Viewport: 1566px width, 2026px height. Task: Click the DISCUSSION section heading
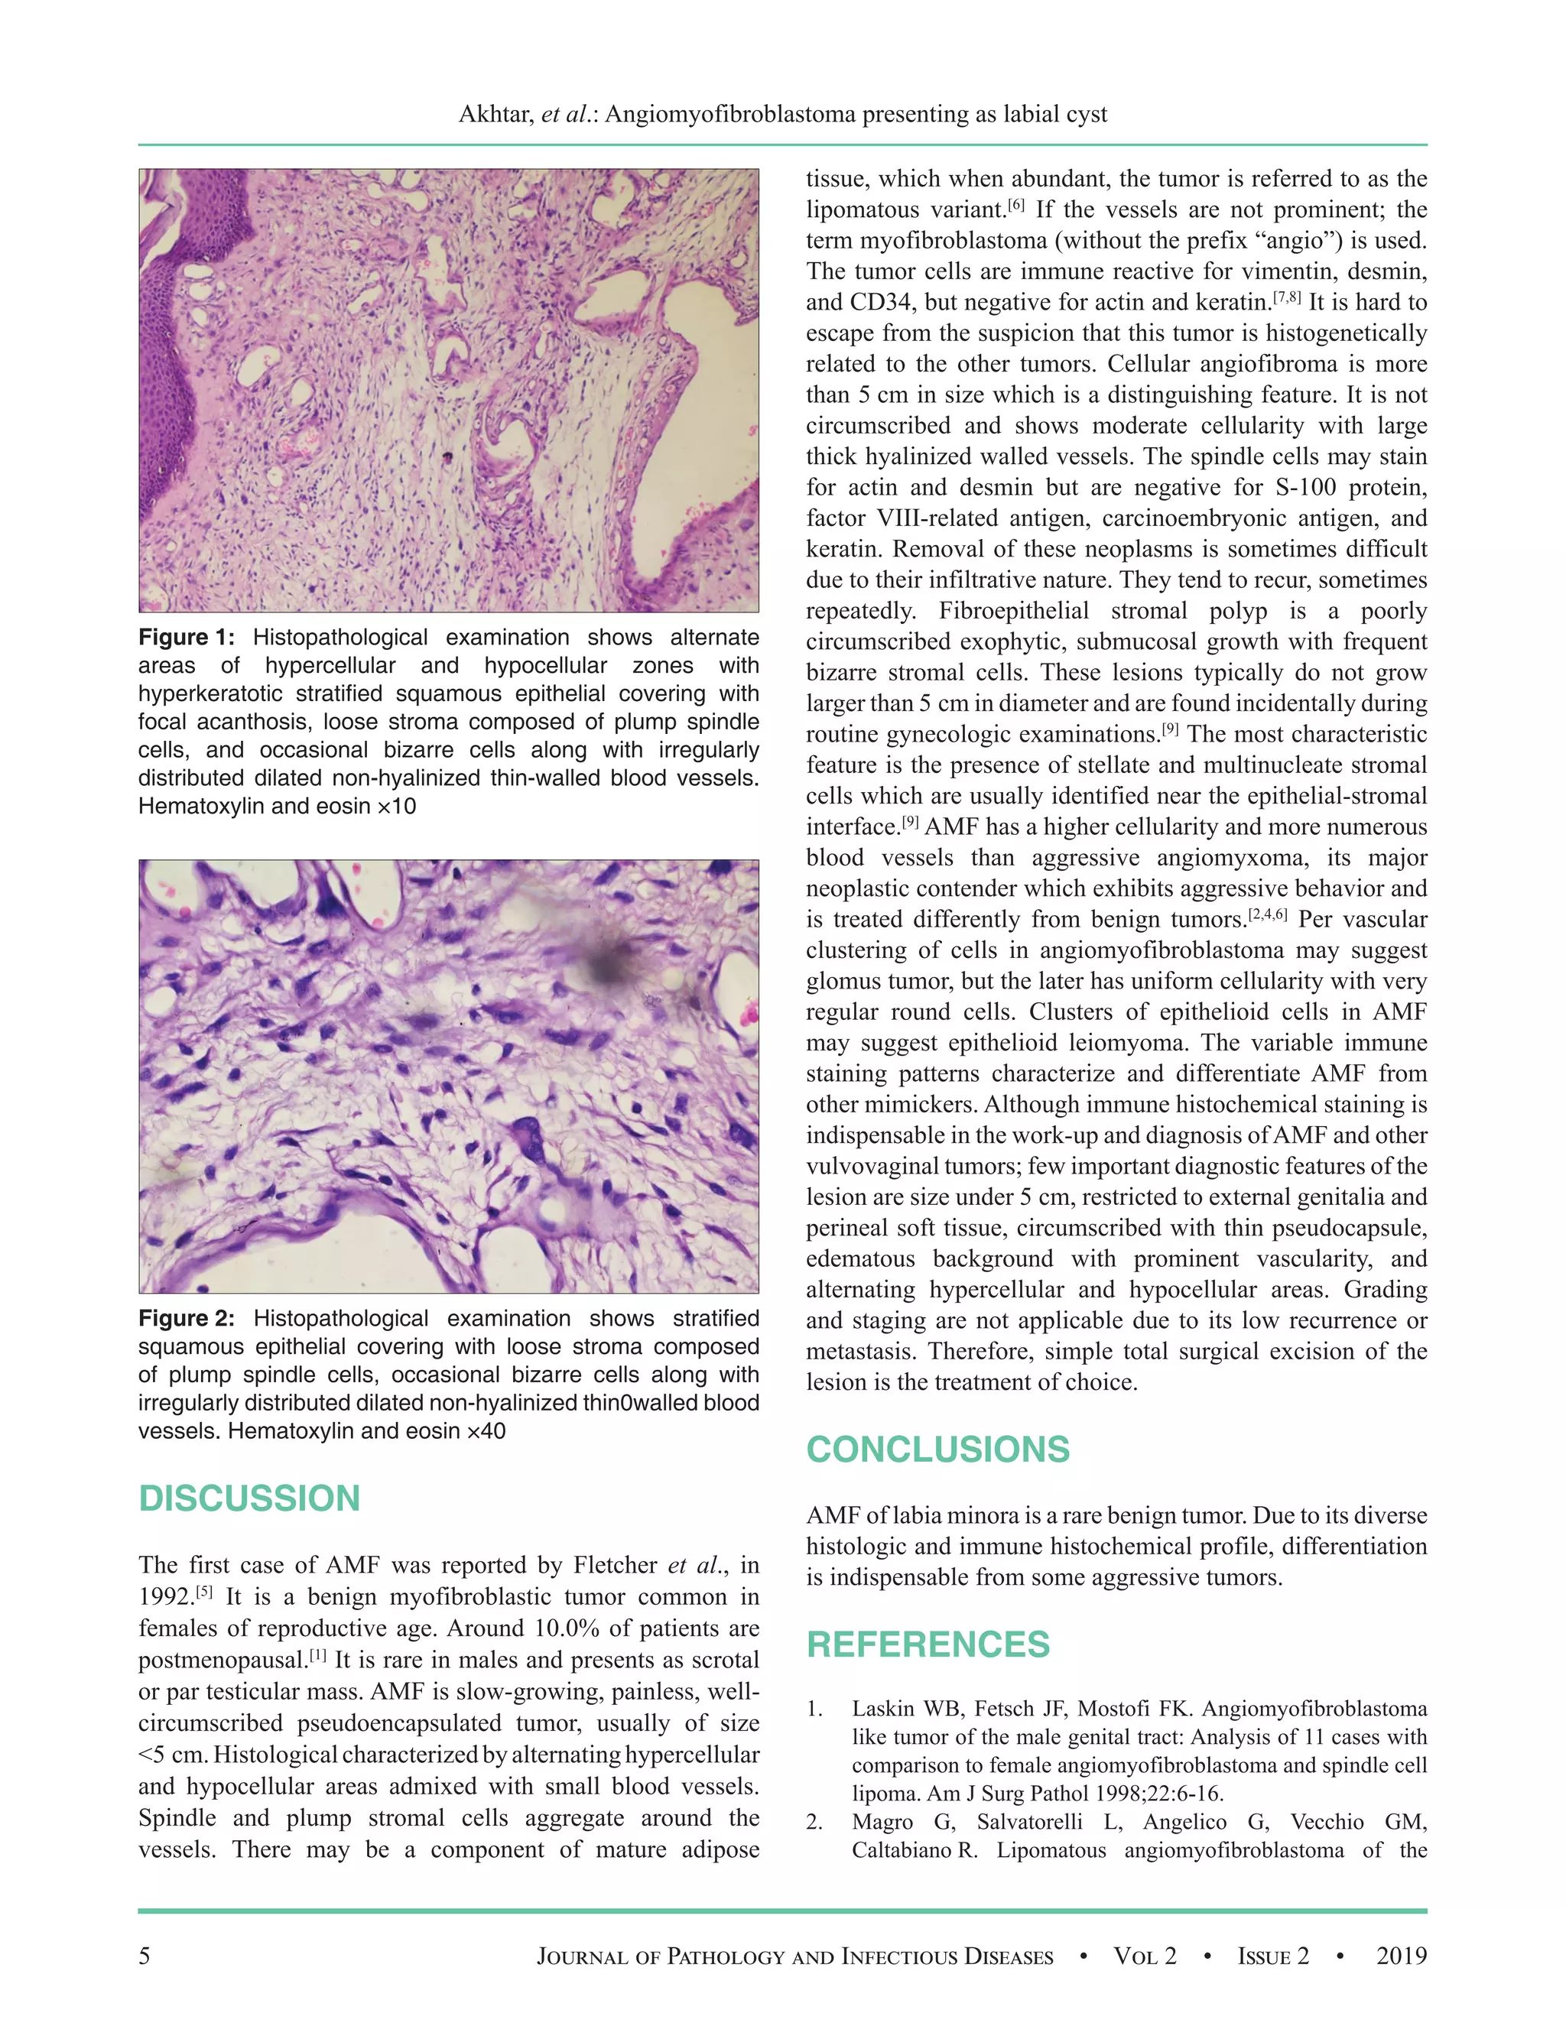tap(249, 1499)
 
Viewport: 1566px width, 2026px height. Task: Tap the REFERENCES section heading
tap(928, 1645)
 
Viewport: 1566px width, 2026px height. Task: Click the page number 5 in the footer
tap(144, 1956)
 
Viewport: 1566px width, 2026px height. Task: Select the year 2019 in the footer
tap(1401, 1956)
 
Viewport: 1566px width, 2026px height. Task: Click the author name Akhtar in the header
tap(495, 114)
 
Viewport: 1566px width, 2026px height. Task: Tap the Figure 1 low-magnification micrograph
tap(449, 391)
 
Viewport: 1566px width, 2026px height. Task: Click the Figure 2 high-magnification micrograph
tap(449, 1076)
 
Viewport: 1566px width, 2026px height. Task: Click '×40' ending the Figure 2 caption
tap(486, 1431)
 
